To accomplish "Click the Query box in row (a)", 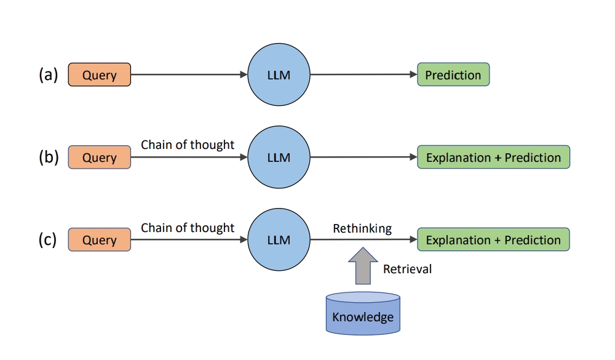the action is pyautogui.click(x=99, y=74).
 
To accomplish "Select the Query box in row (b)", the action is pyautogui.click(x=99, y=157).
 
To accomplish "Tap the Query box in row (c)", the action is pyautogui.click(x=99, y=239).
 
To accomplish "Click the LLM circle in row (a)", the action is pyautogui.click(x=279, y=74).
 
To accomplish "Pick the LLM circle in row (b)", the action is pyautogui.click(x=279, y=157).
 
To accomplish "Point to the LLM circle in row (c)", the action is pyautogui.click(x=279, y=239).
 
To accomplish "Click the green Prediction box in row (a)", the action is pyautogui.click(x=453, y=74).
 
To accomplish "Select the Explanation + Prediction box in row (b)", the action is pyautogui.click(x=493, y=157).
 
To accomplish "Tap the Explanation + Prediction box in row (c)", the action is pyautogui.click(x=493, y=239).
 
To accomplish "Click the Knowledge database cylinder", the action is pyautogui.click(x=363, y=313).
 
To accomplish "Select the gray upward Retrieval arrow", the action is pyautogui.click(x=363, y=266).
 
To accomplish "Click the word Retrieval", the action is pyautogui.click(x=407, y=269).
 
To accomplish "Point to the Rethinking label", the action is pyautogui.click(x=362, y=228).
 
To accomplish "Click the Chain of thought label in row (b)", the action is pyautogui.click(x=188, y=145).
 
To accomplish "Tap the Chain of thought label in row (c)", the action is pyautogui.click(x=188, y=228).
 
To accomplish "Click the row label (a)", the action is pyautogui.click(x=48, y=74).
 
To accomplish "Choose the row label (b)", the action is pyautogui.click(x=48, y=157).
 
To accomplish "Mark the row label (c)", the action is pyautogui.click(x=47, y=239).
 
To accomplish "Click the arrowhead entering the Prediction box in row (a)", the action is pyautogui.click(x=413, y=74).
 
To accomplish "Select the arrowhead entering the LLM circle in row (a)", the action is pyautogui.click(x=244, y=74).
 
